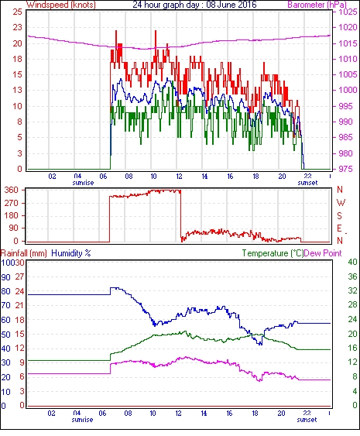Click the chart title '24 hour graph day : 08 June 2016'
point(194,5)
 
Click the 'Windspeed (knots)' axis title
point(61,5)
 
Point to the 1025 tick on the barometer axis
point(348,12)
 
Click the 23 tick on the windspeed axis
point(17,28)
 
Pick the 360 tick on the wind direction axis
point(12,191)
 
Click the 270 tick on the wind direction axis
point(12,203)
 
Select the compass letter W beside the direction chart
point(341,203)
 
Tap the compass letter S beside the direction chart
point(340,215)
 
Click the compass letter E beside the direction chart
point(339,228)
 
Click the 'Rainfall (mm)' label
point(24,253)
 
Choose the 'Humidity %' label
point(71,253)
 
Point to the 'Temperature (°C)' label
point(273,253)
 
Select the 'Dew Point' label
point(323,253)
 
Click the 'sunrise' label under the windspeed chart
point(83,183)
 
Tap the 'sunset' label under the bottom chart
point(307,420)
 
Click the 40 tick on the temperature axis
point(352,262)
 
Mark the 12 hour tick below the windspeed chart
point(179,177)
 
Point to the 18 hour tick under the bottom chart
point(255,414)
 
